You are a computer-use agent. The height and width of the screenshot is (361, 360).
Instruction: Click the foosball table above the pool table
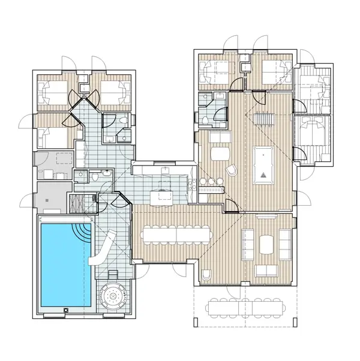(263, 118)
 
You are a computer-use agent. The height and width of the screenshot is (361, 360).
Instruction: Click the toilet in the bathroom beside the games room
(205, 119)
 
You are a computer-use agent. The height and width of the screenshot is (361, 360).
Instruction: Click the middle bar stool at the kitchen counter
(211, 181)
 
